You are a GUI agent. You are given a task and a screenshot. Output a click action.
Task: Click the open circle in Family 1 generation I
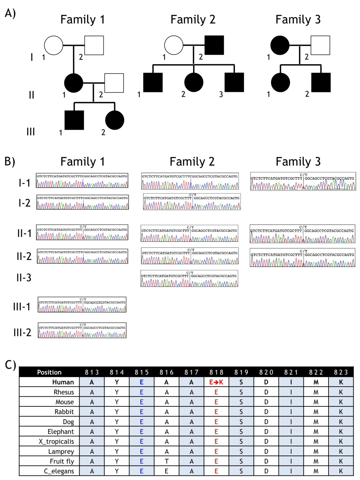tap(54, 45)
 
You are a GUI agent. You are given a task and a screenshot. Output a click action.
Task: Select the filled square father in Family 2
tap(214, 45)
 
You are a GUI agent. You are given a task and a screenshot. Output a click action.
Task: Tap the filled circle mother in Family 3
tap(280, 45)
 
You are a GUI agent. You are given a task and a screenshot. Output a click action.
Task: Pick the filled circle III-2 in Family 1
tap(115, 120)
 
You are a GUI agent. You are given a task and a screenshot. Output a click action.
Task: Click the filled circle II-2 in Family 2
tap(194, 82)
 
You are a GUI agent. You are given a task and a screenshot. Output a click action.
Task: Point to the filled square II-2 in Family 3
tap(321, 82)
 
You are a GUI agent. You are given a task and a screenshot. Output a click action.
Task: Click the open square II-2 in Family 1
tap(114, 83)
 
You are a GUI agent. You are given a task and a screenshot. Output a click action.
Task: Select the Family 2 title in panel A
tap(193, 19)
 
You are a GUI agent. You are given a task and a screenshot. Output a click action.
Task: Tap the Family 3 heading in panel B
tap(298, 162)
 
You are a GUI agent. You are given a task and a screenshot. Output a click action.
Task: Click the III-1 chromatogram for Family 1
tap(82, 304)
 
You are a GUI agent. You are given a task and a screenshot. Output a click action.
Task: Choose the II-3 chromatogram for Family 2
tap(189, 278)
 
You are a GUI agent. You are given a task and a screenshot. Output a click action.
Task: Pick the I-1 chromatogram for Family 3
tap(303, 181)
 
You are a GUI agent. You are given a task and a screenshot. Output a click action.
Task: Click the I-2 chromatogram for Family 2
tap(192, 202)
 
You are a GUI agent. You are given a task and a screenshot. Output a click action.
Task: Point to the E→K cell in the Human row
tap(216, 382)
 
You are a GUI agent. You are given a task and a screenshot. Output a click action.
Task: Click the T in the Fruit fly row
tap(166, 461)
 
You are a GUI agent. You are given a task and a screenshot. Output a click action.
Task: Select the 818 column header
tap(216, 372)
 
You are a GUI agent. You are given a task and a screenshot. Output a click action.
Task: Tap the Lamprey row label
tap(61, 451)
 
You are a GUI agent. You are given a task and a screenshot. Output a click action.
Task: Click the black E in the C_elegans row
tap(166, 471)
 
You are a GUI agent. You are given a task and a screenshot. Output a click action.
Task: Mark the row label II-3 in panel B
tap(24, 278)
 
